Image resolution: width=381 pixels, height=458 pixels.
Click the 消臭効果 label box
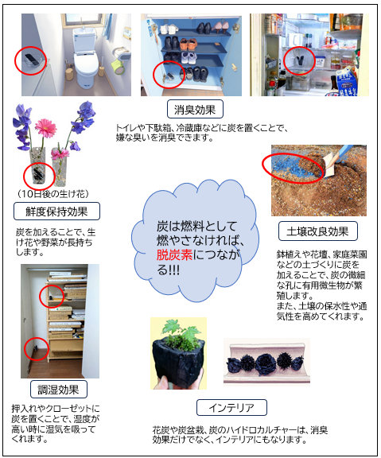[x=195, y=109]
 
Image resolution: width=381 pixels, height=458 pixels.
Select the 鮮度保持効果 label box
[x=56, y=212]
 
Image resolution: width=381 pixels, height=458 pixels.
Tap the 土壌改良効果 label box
[x=318, y=231]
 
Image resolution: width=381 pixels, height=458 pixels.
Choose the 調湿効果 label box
[x=58, y=389]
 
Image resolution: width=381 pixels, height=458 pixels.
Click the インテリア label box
[x=231, y=407]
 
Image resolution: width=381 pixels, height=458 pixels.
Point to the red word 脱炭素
[x=174, y=255]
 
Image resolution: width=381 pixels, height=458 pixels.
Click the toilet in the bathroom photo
[x=85, y=57]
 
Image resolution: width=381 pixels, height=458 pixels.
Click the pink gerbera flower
[x=45, y=128]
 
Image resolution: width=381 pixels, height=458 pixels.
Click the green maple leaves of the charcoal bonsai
[x=181, y=330]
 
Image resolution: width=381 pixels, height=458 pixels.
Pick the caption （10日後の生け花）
[x=52, y=194]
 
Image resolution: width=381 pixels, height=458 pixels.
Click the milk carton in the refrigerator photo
[x=347, y=83]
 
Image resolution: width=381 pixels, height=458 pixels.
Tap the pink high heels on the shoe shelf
[x=220, y=27]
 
